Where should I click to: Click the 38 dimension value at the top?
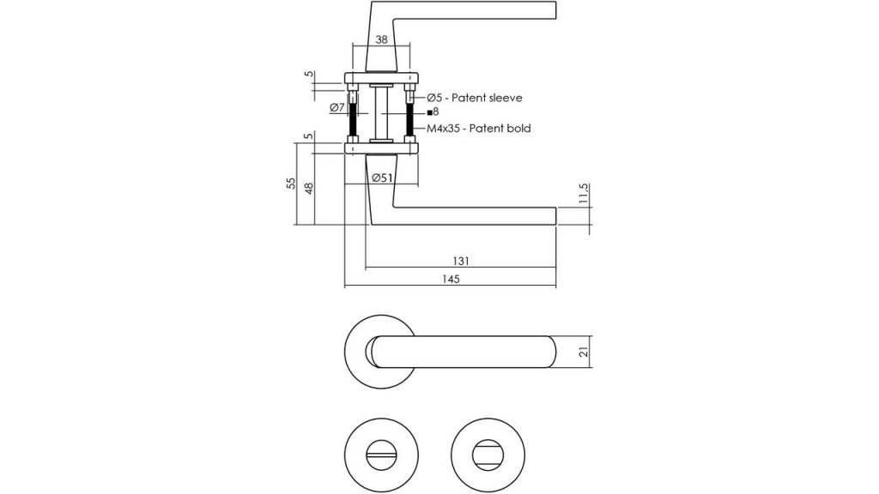[x=381, y=39]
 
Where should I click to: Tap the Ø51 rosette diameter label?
[x=382, y=178]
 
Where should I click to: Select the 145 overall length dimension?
[x=451, y=279]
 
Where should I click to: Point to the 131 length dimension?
[x=460, y=261]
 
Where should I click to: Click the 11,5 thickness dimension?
[x=584, y=193]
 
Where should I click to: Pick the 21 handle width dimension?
[x=584, y=352]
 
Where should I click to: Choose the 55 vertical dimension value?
[x=291, y=184]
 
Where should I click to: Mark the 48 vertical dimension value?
[x=308, y=188]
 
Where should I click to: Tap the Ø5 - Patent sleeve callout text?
[x=474, y=98]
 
